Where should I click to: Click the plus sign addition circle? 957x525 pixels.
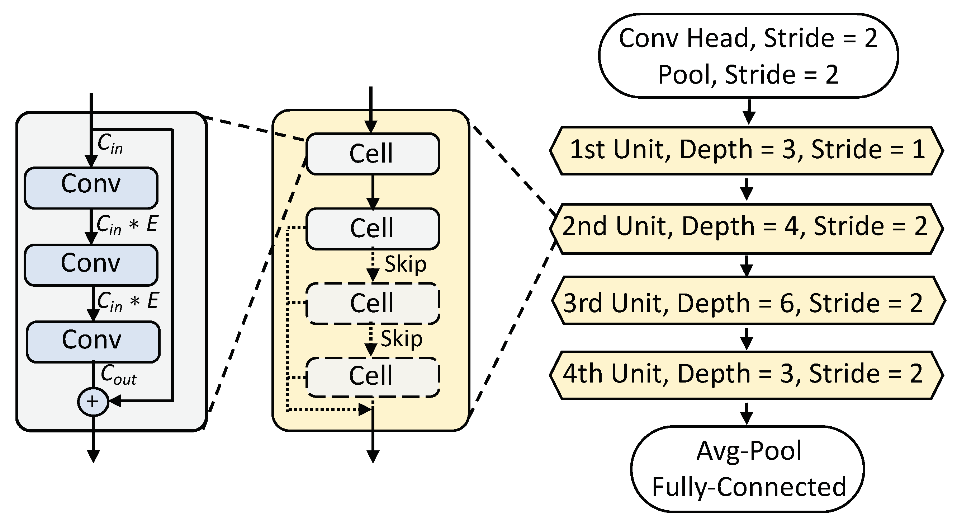point(93,402)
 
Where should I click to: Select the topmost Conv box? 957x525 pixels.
point(91,188)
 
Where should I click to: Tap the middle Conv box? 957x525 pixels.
point(91,265)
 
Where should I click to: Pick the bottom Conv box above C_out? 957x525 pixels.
point(93,342)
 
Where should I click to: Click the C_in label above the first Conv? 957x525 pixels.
point(110,144)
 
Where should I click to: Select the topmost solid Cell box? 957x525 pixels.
point(373,154)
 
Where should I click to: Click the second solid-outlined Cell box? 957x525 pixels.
point(373,228)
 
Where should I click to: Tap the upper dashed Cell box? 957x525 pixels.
point(373,303)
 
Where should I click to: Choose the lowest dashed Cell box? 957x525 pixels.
point(373,376)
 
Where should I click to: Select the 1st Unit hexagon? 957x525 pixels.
point(747,150)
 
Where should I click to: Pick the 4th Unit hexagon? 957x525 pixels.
point(747,374)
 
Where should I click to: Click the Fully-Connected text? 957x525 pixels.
point(749,487)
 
